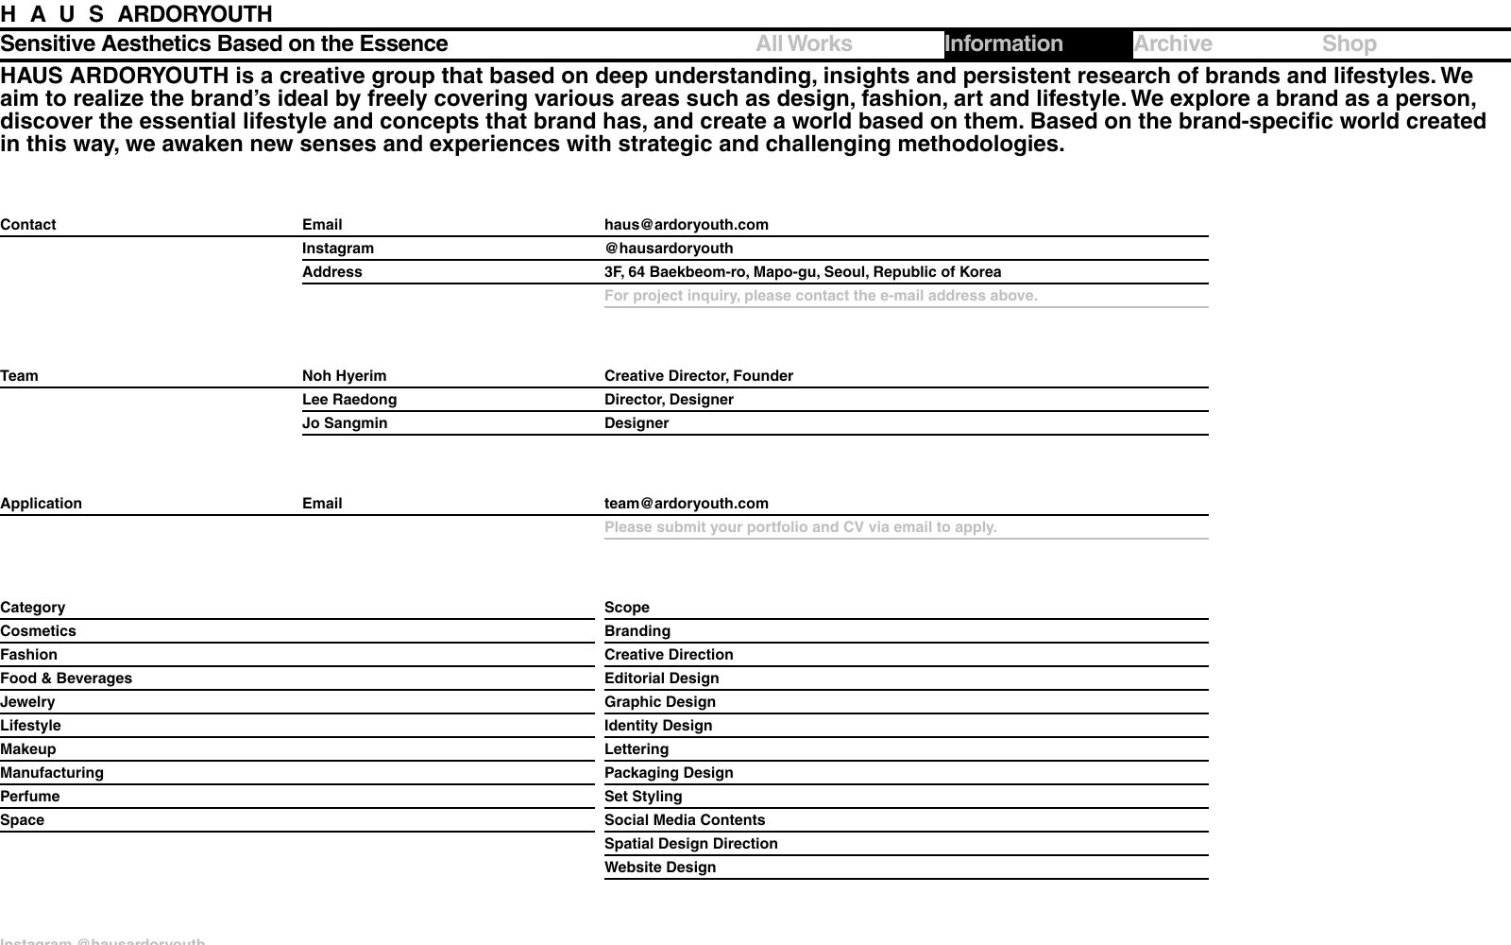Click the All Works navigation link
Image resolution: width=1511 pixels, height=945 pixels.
(x=804, y=44)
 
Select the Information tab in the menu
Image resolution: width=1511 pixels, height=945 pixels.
(x=1004, y=44)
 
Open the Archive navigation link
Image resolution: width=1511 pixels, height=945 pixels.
(x=1173, y=44)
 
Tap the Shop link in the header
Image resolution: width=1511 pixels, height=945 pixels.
(x=1349, y=44)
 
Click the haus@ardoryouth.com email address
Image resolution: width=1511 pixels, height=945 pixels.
(x=686, y=225)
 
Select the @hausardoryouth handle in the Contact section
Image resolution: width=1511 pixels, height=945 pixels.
(x=669, y=249)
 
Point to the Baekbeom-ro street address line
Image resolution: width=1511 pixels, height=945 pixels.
(x=803, y=272)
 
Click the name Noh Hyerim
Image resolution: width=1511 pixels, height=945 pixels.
(x=344, y=376)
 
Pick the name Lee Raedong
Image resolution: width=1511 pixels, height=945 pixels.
(x=349, y=400)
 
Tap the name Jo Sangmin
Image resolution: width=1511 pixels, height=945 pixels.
(x=345, y=423)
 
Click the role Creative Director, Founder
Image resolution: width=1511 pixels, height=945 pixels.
(x=699, y=376)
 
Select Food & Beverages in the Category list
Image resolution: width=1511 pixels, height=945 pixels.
(x=66, y=679)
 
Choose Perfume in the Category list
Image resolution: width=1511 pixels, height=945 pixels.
(x=30, y=797)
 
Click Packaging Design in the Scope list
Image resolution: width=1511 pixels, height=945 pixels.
(x=669, y=773)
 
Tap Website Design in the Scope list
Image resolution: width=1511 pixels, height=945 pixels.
(x=660, y=868)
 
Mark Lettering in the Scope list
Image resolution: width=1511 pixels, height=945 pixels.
(x=637, y=749)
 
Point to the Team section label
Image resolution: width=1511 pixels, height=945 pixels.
(x=20, y=376)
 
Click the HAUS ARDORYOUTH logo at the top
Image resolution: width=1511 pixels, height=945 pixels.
(x=136, y=14)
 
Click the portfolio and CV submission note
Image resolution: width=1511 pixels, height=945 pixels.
(x=800, y=527)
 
